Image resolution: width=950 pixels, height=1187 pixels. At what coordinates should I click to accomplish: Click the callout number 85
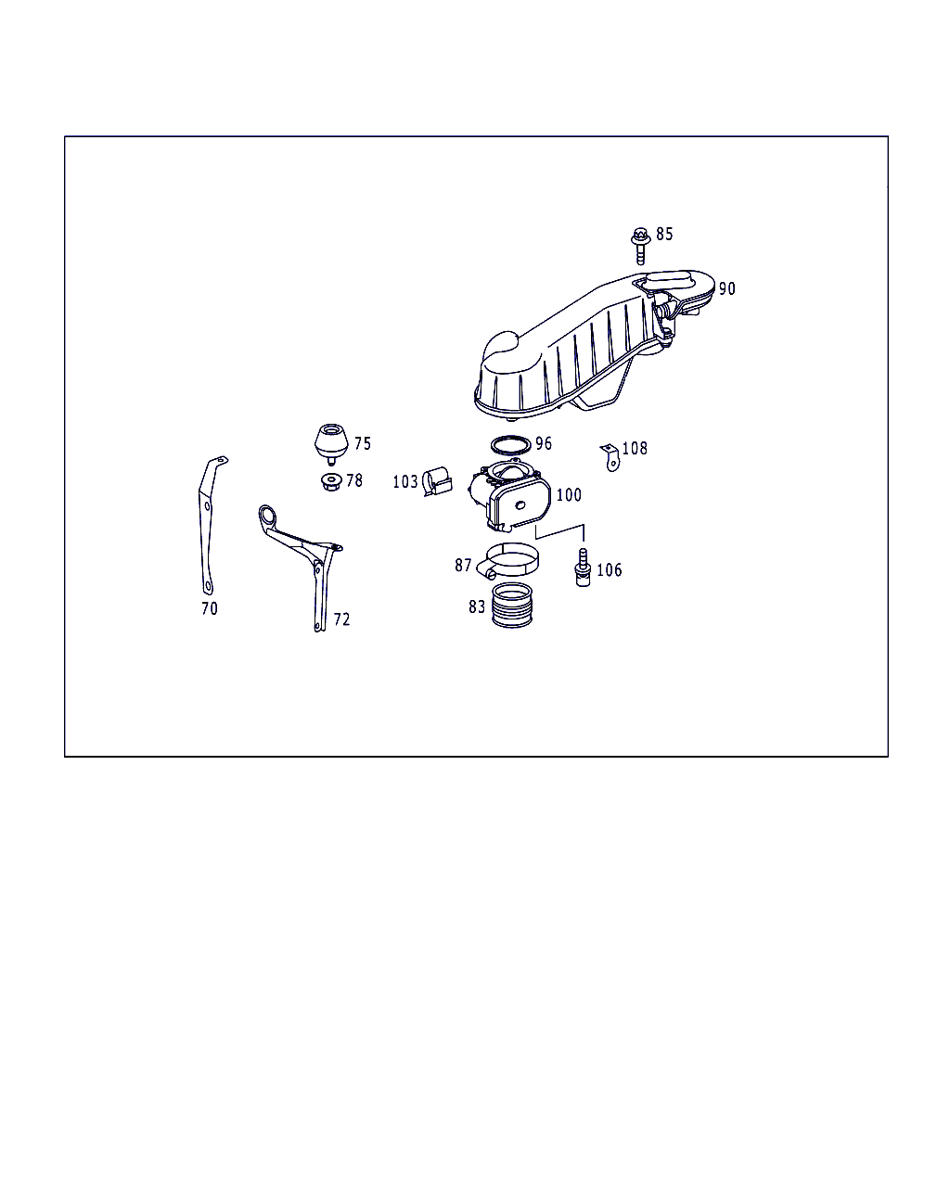[x=664, y=234]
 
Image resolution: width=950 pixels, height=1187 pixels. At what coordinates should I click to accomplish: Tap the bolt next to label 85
[x=640, y=246]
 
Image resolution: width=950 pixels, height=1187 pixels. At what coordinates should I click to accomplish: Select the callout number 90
[x=726, y=288]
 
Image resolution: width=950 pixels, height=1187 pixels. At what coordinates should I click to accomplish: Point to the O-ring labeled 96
[x=510, y=444]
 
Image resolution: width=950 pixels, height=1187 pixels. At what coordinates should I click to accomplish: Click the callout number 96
[x=543, y=443]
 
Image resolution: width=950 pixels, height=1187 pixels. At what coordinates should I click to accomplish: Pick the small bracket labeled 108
[x=610, y=458]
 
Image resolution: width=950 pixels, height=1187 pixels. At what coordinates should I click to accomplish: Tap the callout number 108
[x=635, y=449]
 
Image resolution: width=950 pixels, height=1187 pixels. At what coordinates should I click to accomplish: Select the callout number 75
[x=362, y=443]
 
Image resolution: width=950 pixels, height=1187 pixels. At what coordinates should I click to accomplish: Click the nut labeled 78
[x=331, y=481]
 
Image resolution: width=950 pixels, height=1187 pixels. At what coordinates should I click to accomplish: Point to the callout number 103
[x=405, y=482]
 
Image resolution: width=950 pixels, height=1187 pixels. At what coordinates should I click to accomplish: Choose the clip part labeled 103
[x=437, y=481]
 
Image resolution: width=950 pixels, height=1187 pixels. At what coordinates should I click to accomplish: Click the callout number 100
[x=569, y=495]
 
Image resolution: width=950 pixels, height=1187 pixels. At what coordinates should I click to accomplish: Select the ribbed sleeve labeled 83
[x=512, y=606]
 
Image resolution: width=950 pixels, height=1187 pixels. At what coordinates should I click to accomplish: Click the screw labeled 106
[x=583, y=568]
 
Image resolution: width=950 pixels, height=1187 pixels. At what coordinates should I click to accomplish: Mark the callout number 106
[x=609, y=569]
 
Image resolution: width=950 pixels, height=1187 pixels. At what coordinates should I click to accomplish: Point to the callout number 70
[x=210, y=608]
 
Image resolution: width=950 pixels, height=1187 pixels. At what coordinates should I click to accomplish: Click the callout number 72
[x=341, y=619]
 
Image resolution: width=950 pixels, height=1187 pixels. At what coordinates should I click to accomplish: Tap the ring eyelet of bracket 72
[x=268, y=516]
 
